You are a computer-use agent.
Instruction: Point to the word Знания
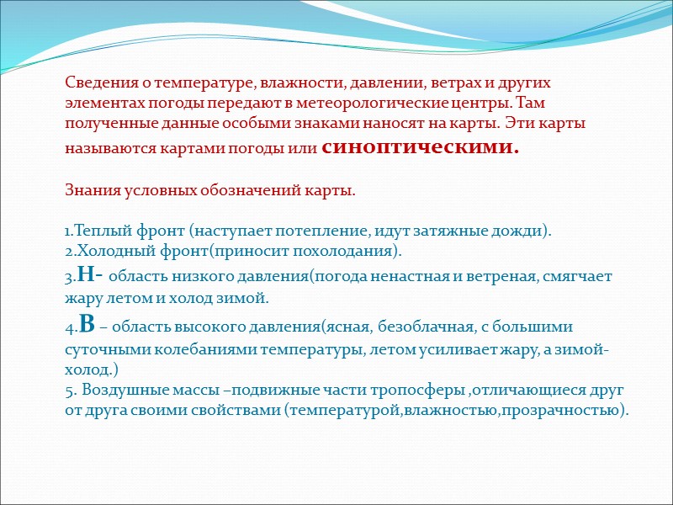[x=90, y=191]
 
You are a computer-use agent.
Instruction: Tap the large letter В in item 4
[x=86, y=323]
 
